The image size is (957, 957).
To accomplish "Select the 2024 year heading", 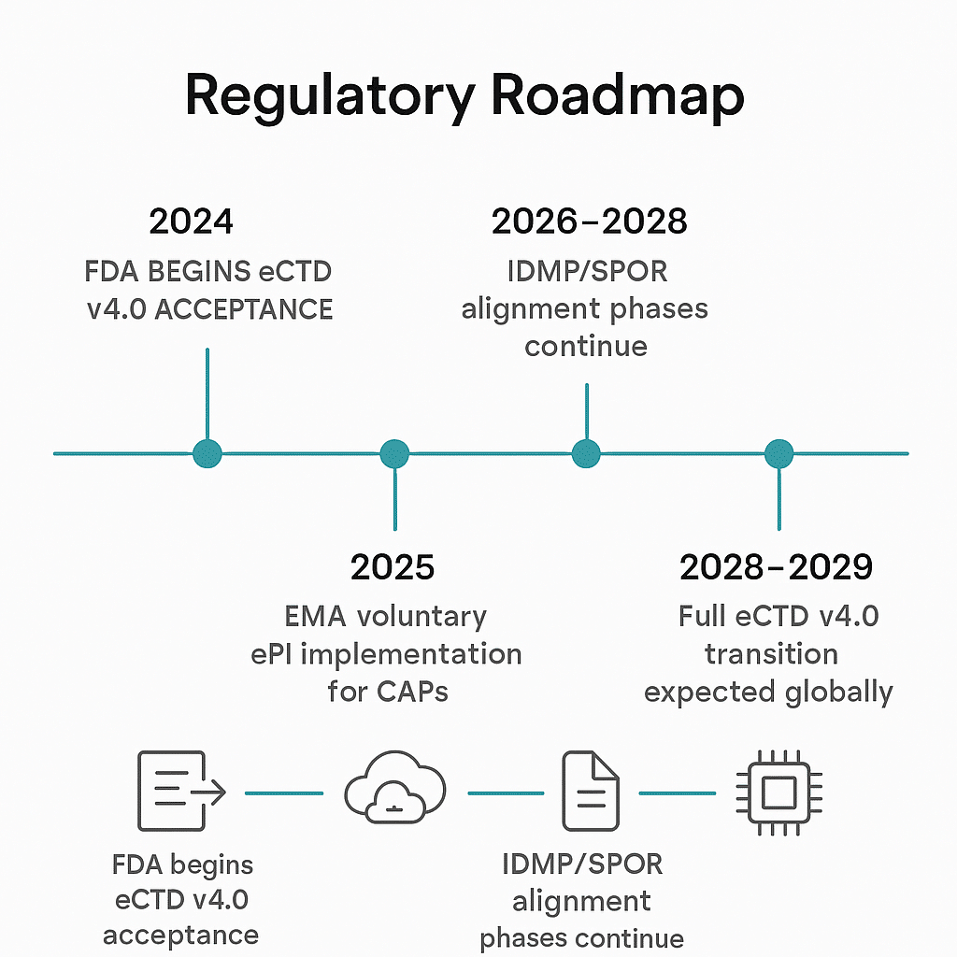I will pos(191,221).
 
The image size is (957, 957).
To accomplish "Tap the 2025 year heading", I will pos(393,566).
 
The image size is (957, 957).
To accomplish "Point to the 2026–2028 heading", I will pos(589,221).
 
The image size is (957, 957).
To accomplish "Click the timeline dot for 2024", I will pos(207,453).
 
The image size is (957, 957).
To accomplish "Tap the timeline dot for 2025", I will pos(394,453).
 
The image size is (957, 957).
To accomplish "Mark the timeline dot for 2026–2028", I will pos(586,453).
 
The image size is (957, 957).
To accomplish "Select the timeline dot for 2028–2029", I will pos(778,453).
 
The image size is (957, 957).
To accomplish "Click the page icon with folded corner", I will pos(590,791).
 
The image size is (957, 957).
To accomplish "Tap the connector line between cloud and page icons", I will pos(506,793).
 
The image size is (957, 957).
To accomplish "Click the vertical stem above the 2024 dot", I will pos(207,393).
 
